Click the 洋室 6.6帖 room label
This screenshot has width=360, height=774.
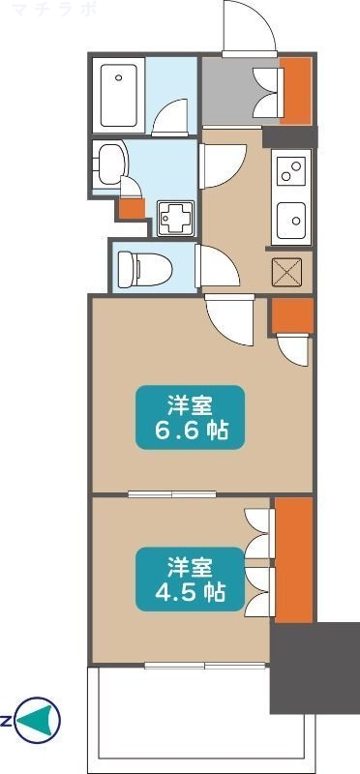(189, 417)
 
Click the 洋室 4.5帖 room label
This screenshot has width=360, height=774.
(189, 578)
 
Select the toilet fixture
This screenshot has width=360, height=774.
(140, 266)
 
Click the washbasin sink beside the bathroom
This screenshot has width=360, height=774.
(109, 162)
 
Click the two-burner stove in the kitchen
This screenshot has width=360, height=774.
(290, 170)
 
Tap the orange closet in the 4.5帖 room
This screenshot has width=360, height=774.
(294, 559)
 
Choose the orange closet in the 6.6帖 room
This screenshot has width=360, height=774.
(292, 313)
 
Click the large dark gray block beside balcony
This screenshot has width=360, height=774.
(312, 668)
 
